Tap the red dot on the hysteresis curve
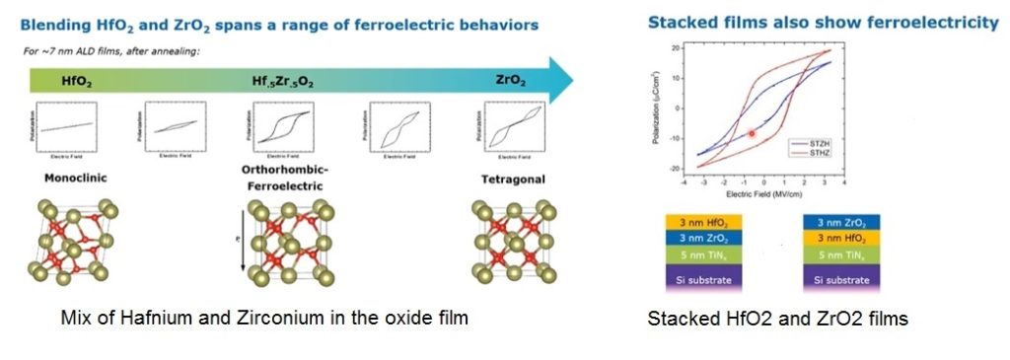752,133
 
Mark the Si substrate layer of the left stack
697,280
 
